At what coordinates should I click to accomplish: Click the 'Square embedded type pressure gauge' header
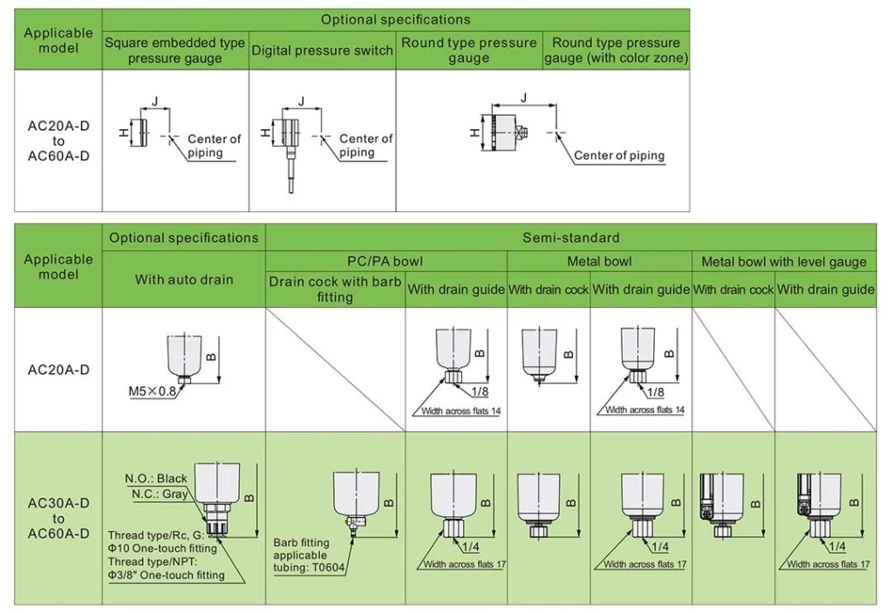click(x=175, y=51)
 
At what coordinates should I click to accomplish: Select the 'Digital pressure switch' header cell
click(x=323, y=51)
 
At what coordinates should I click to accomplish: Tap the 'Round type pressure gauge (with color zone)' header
click(x=616, y=51)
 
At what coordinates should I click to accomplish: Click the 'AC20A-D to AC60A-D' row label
click(x=58, y=140)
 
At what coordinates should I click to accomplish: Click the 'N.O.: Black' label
click(x=156, y=478)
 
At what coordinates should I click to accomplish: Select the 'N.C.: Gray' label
click(x=160, y=494)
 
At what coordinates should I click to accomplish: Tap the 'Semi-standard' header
click(x=570, y=237)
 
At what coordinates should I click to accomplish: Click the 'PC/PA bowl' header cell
click(x=385, y=262)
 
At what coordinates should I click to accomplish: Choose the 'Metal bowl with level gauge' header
click(x=783, y=262)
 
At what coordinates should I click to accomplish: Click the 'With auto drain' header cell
click(x=184, y=279)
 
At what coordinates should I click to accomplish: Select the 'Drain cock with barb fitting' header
click(x=335, y=289)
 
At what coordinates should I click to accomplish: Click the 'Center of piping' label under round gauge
click(x=619, y=155)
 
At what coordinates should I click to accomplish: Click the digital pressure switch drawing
click(x=288, y=140)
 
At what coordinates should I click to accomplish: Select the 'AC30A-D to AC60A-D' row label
click(x=58, y=518)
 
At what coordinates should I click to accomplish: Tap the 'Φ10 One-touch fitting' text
click(x=163, y=549)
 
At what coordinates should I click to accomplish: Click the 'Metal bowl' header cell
click(x=599, y=262)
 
